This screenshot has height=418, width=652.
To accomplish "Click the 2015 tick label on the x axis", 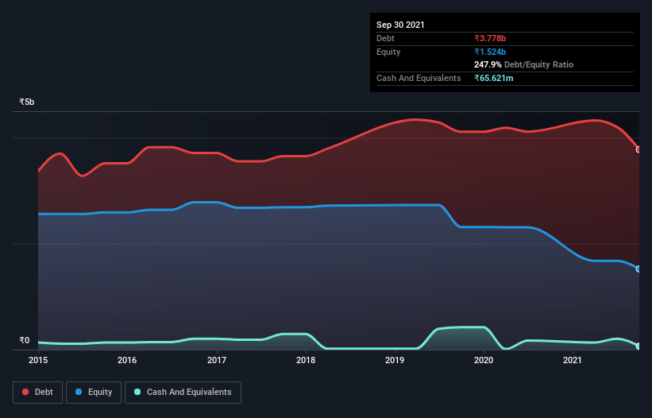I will point(37,361).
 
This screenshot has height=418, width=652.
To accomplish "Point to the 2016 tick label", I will point(127,361).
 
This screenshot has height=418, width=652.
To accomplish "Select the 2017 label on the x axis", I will point(216,361).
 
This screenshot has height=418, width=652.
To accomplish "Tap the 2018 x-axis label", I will point(306,361).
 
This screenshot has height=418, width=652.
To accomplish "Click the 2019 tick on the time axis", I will point(395,361).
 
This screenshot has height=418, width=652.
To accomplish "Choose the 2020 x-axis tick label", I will point(484,361).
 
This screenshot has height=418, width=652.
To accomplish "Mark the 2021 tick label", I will point(573,361).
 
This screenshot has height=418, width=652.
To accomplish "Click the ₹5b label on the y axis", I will point(27,103).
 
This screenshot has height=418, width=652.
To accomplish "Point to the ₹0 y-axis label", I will point(25,341).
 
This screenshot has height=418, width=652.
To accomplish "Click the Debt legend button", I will point(37,393).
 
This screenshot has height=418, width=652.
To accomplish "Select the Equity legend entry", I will point(94,393).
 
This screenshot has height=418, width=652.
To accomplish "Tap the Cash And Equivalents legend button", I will point(183,393).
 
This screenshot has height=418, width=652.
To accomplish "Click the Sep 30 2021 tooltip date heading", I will point(400,25).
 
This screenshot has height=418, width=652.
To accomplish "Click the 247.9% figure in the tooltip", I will point(487,64).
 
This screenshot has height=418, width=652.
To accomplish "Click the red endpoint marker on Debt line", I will point(638,149).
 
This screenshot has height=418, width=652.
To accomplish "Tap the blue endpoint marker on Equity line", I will point(638,269).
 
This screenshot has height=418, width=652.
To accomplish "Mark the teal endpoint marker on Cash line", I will point(638,346).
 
